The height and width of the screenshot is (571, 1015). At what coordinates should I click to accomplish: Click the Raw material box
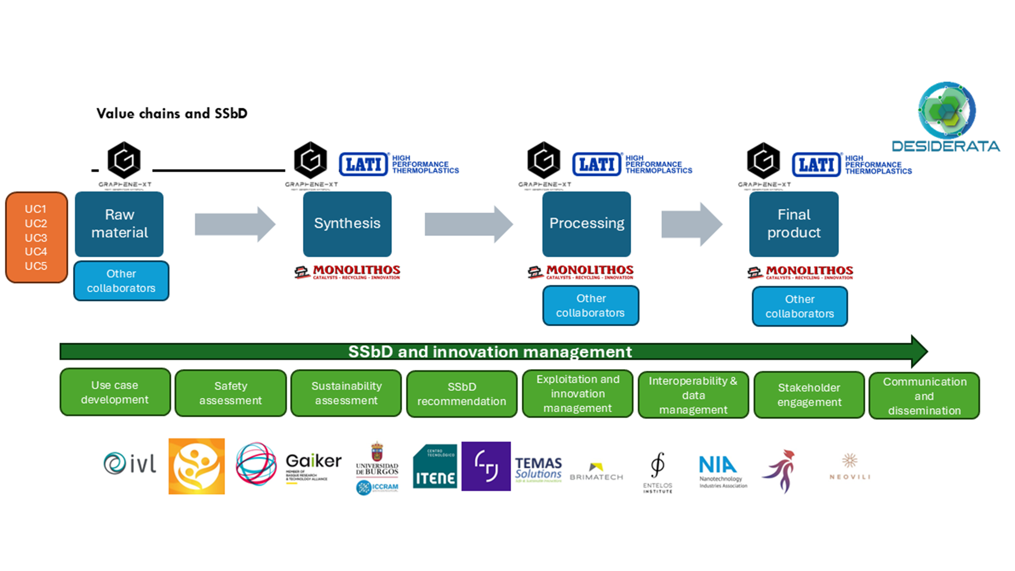(x=119, y=224)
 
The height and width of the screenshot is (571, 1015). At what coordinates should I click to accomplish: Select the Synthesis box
(x=347, y=224)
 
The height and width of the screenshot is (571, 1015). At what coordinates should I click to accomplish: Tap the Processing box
(x=586, y=224)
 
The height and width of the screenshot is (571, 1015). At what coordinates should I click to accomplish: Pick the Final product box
(x=793, y=224)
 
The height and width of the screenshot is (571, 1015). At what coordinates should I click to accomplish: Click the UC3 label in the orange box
(x=36, y=238)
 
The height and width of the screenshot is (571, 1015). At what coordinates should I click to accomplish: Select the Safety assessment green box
(x=230, y=393)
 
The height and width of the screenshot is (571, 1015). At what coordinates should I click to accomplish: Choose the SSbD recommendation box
(x=462, y=394)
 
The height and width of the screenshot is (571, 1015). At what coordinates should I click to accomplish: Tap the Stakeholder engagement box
(x=809, y=395)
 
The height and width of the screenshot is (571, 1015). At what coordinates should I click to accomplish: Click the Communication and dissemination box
(x=924, y=396)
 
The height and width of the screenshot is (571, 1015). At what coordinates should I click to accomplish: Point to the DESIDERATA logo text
(x=946, y=146)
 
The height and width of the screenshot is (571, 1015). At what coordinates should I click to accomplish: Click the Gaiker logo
(x=313, y=465)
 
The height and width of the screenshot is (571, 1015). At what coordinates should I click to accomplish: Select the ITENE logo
(x=435, y=466)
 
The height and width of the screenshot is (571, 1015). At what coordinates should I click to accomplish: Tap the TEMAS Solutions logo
(x=538, y=468)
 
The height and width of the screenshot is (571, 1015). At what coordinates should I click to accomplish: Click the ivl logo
(x=130, y=464)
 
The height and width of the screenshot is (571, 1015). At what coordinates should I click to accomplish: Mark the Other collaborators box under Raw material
(x=121, y=281)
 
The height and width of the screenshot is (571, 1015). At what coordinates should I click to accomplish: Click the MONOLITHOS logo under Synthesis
(x=347, y=272)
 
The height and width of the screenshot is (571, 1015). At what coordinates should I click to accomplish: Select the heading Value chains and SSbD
(x=172, y=114)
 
